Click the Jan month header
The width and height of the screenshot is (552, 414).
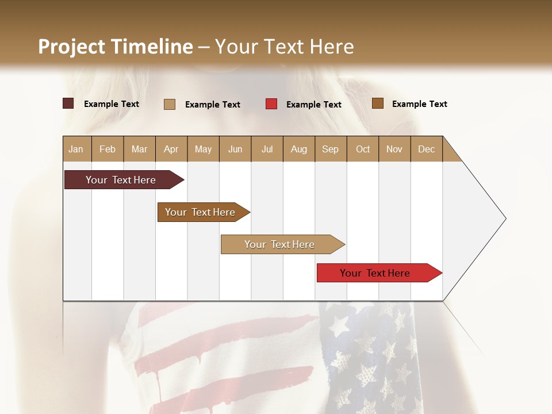pos(76,149)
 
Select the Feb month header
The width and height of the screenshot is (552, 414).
pos(108,149)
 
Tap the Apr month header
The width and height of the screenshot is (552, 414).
pos(171,149)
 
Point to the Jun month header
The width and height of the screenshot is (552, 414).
pos(235,149)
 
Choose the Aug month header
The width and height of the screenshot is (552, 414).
pos(299,149)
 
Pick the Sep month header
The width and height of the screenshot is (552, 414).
pos(331,149)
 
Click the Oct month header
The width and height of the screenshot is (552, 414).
pos(363,149)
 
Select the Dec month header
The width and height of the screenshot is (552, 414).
pos(427,149)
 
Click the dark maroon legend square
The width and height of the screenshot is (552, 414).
pos(68,103)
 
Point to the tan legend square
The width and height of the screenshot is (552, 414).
pos(170,104)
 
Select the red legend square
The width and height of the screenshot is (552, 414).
pos(271,104)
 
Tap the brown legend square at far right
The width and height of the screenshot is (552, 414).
pos(378,103)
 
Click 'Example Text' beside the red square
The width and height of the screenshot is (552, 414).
pos(314,105)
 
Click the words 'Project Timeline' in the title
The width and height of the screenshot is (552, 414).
pos(116,47)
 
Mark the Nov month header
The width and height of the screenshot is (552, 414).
pos(394,149)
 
